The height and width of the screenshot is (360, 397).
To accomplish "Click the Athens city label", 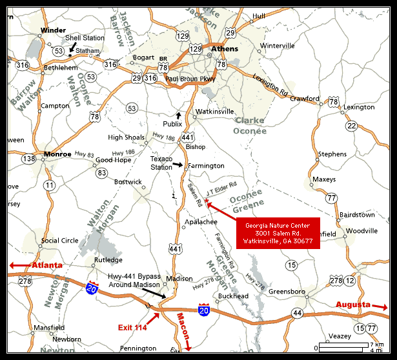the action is tap(225, 49).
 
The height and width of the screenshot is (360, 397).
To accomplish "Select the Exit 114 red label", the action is tap(132, 328).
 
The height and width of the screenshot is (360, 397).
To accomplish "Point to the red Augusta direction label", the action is tap(352, 304).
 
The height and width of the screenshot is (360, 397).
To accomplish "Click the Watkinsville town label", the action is tap(215, 111).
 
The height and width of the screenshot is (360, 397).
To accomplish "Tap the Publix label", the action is tap(172, 124).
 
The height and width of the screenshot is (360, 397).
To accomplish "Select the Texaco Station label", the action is tap(161, 163).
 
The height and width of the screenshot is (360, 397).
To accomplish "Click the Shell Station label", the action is tap(85, 38).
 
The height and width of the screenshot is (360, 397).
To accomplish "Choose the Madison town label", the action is tap(179, 279).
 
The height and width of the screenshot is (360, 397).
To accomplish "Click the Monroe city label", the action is tap(57, 154).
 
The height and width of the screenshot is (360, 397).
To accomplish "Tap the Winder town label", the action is tap(53, 30).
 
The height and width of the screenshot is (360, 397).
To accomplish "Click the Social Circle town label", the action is tap(60, 241).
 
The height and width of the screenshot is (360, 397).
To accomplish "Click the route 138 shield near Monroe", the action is tap(29, 158).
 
